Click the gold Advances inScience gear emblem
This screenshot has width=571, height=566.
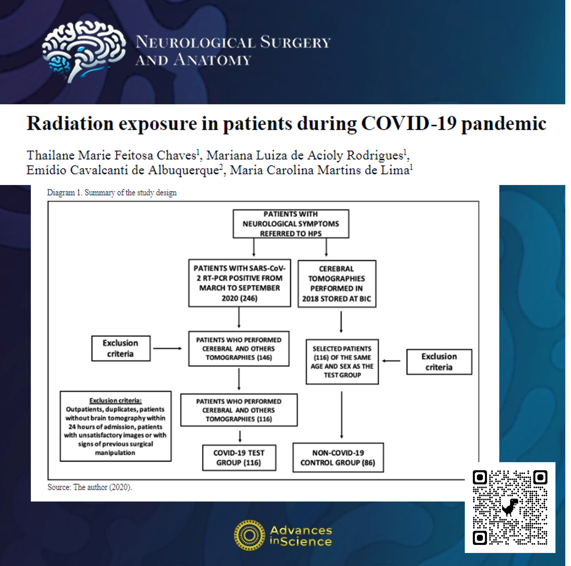249,535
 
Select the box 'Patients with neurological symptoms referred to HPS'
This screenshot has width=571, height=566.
291,224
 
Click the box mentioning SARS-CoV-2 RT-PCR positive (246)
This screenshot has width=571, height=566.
239,283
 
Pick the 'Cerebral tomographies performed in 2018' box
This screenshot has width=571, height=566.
337,284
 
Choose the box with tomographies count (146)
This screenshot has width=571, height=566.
239,349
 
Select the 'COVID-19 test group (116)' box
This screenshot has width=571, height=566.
239,458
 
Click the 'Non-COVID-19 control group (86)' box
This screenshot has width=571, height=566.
338,457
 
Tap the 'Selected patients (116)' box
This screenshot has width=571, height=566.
342,362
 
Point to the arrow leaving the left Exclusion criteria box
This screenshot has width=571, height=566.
167,348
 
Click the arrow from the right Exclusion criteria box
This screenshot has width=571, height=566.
391,361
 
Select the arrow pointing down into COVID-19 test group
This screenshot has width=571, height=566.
240,436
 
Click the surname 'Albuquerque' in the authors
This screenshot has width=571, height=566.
184,170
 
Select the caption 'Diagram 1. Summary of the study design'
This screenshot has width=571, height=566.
112,193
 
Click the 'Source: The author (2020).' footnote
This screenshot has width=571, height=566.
90,487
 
